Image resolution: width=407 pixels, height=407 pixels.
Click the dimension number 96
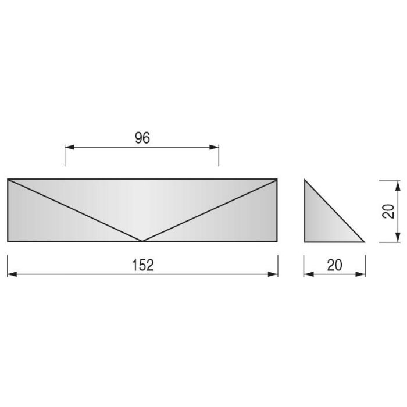tap(142, 138)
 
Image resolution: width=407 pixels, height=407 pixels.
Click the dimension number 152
tap(143, 265)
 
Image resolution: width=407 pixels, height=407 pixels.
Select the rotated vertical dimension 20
tap(388, 212)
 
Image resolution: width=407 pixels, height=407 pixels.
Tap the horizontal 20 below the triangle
tap(334, 265)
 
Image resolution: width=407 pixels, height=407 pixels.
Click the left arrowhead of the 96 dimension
tap(70, 147)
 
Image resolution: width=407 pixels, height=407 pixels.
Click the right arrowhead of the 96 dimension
tap(214, 147)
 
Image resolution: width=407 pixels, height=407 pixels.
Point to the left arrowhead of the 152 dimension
tap(12, 274)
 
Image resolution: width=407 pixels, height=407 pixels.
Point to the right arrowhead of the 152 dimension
tap(273, 274)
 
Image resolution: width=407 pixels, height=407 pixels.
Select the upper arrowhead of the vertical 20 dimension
tap(398, 185)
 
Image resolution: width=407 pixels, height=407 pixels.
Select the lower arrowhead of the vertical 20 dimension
tap(398, 237)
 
